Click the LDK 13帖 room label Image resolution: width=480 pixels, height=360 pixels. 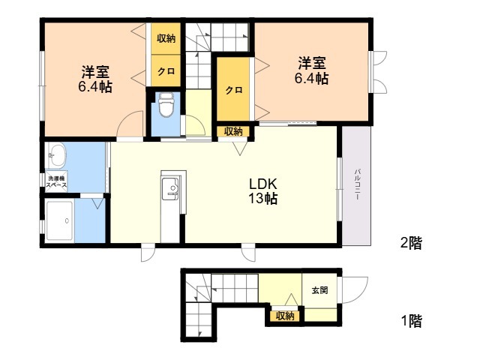pyautogui.click(x=264, y=192)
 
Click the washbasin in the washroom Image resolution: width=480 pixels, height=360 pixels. pyautogui.click(x=57, y=158)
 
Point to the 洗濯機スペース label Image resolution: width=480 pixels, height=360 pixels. pyautogui.click(x=56, y=181)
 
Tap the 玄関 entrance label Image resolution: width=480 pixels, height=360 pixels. pyautogui.click(x=319, y=291)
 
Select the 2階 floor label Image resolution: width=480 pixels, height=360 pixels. pyautogui.click(x=410, y=242)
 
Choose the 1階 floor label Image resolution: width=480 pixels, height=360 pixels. pyautogui.click(x=410, y=322)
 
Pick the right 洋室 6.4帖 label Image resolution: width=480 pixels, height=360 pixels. pyautogui.click(x=311, y=70)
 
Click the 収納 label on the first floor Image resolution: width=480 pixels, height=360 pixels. pyautogui.click(x=285, y=316)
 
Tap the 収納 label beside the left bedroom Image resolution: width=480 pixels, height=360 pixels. pyautogui.click(x=166, y=38)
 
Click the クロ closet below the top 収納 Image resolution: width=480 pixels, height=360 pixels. pyautogui.click(x=166, y=72)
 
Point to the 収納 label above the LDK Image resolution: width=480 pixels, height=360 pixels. pyautogui.click(x=233, y=131)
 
